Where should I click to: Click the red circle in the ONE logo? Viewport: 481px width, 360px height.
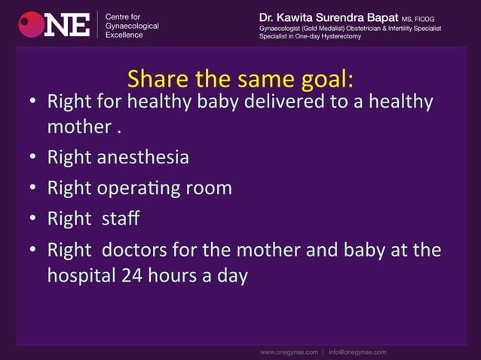point(31,24)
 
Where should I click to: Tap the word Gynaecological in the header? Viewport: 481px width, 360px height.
point(132,26)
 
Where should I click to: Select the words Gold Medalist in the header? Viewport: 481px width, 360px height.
point(322,28)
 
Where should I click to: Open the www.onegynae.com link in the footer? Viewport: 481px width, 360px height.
point(289,351)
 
